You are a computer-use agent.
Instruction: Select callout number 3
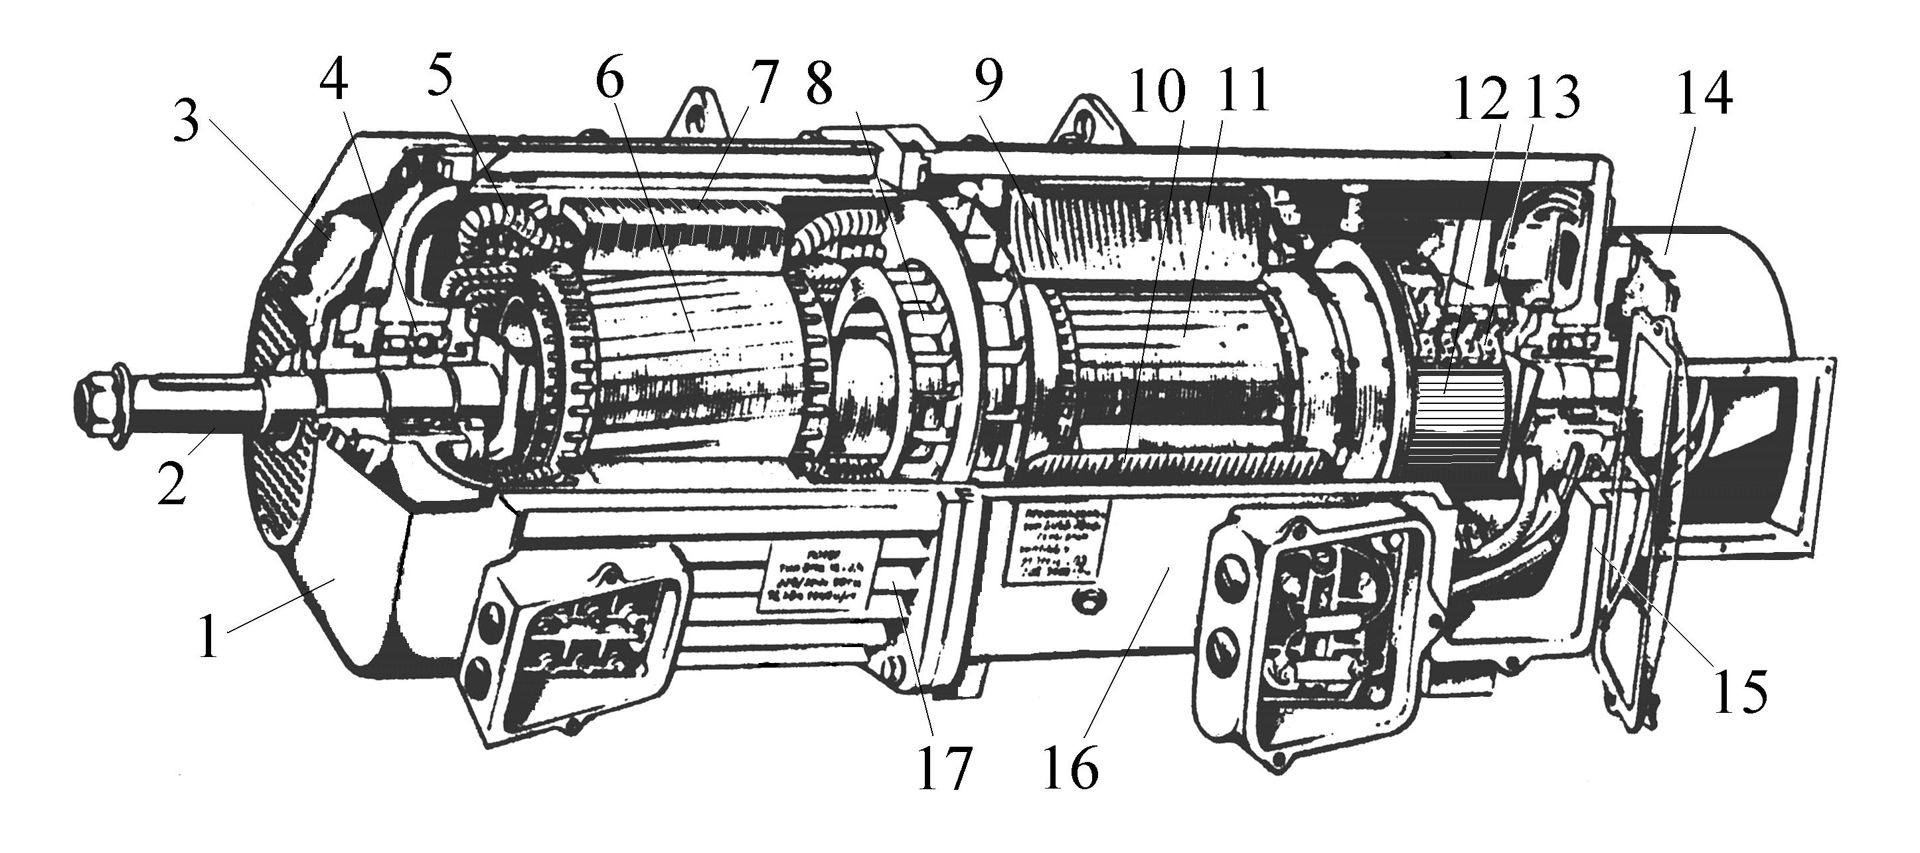click(x=187, y=123)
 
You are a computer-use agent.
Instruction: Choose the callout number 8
click(x=819, y=85)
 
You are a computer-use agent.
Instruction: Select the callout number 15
click(x=1740, y=691)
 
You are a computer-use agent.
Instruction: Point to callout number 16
click(x=1071, y=768)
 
